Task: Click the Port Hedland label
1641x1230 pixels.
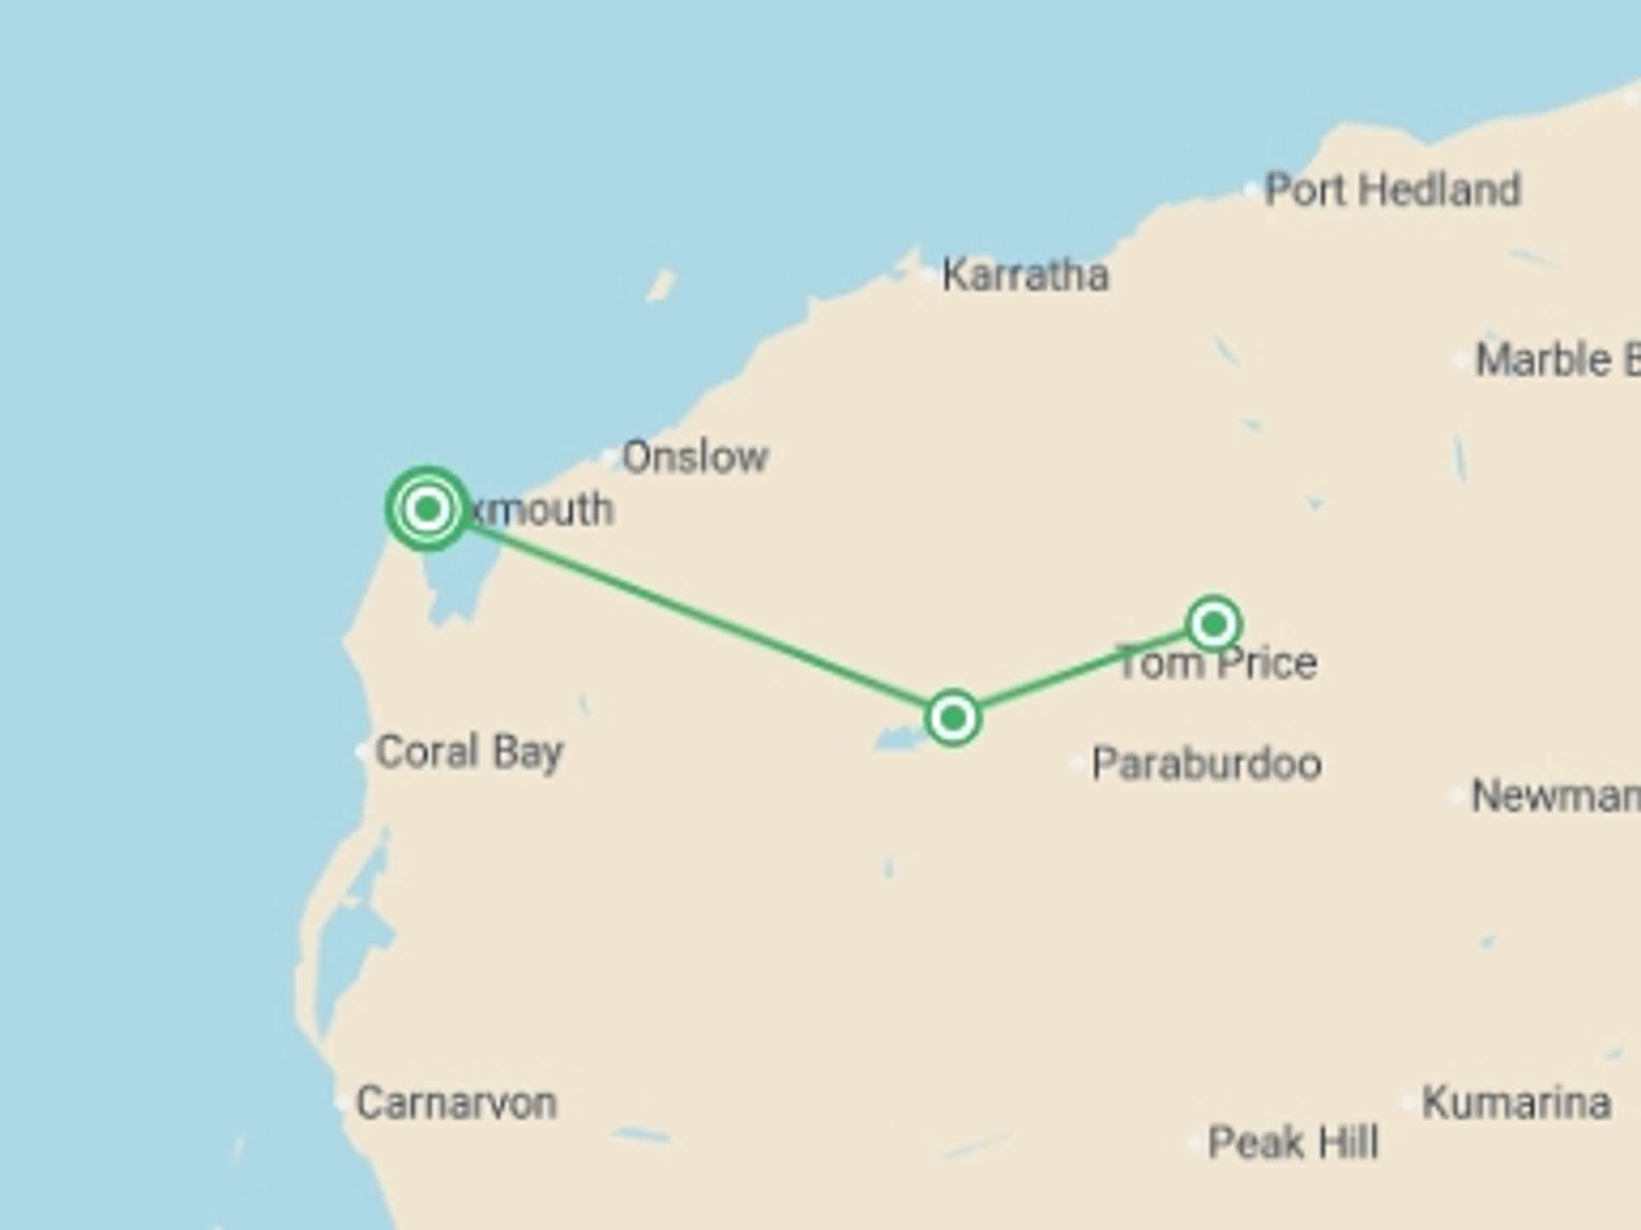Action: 1392,190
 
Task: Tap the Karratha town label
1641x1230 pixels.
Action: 1025,275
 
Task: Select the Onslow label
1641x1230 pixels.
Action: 695,457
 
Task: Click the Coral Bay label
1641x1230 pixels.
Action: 469,752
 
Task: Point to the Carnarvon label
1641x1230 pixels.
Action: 456,1103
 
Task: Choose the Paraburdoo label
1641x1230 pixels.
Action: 1207,764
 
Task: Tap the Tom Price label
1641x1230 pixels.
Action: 1217,664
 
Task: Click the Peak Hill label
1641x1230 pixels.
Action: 1293,1142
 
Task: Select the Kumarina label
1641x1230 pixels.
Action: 1516,1102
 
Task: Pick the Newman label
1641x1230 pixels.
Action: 1554,796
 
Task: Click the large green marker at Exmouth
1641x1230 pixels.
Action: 427,509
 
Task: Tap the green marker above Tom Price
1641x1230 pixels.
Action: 1214,624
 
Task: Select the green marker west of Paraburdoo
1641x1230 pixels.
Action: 953,717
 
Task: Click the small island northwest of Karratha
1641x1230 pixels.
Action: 661,285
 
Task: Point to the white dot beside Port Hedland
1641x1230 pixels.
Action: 1251,190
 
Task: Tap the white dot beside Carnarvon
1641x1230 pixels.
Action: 342,1102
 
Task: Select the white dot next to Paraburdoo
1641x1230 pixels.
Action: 1078,764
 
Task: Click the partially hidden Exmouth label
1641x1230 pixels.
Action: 542,510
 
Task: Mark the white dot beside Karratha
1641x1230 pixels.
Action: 929,274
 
